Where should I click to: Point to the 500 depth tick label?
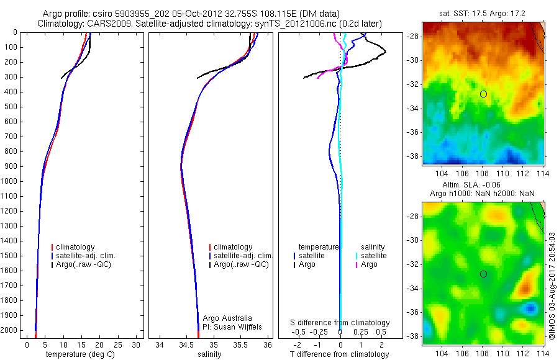point(11,107)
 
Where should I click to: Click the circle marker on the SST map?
point(483,94)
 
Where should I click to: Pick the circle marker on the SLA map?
point(483,274)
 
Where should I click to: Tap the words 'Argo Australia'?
point(228,318)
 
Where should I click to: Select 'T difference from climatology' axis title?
point(340,354)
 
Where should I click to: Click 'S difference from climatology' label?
point(340,323)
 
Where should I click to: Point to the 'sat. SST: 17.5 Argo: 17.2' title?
point(483,13)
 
